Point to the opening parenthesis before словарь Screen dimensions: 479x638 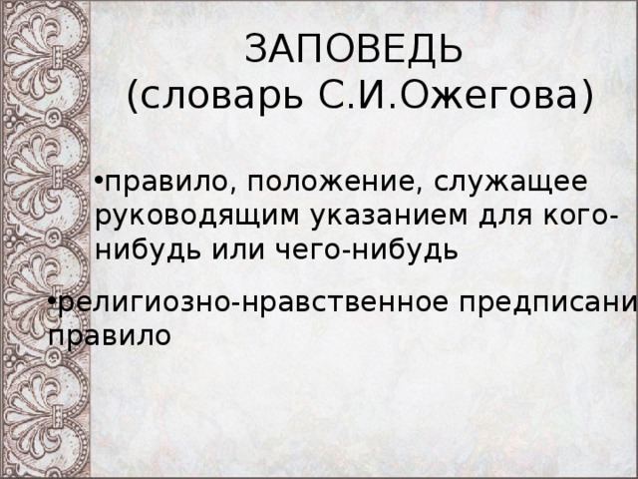pos(134,97)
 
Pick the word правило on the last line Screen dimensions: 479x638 pos(109,335)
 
